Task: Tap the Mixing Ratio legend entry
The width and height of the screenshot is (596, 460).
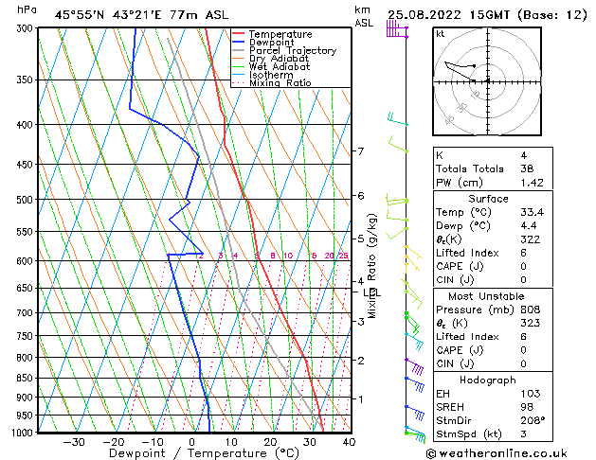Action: [x=282, y=83]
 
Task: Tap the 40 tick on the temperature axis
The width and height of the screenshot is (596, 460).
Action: [x=349, y=442]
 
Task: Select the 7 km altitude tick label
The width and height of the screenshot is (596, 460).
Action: [x=360, y=151]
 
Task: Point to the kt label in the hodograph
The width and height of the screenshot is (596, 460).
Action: [x=441, y=34]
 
